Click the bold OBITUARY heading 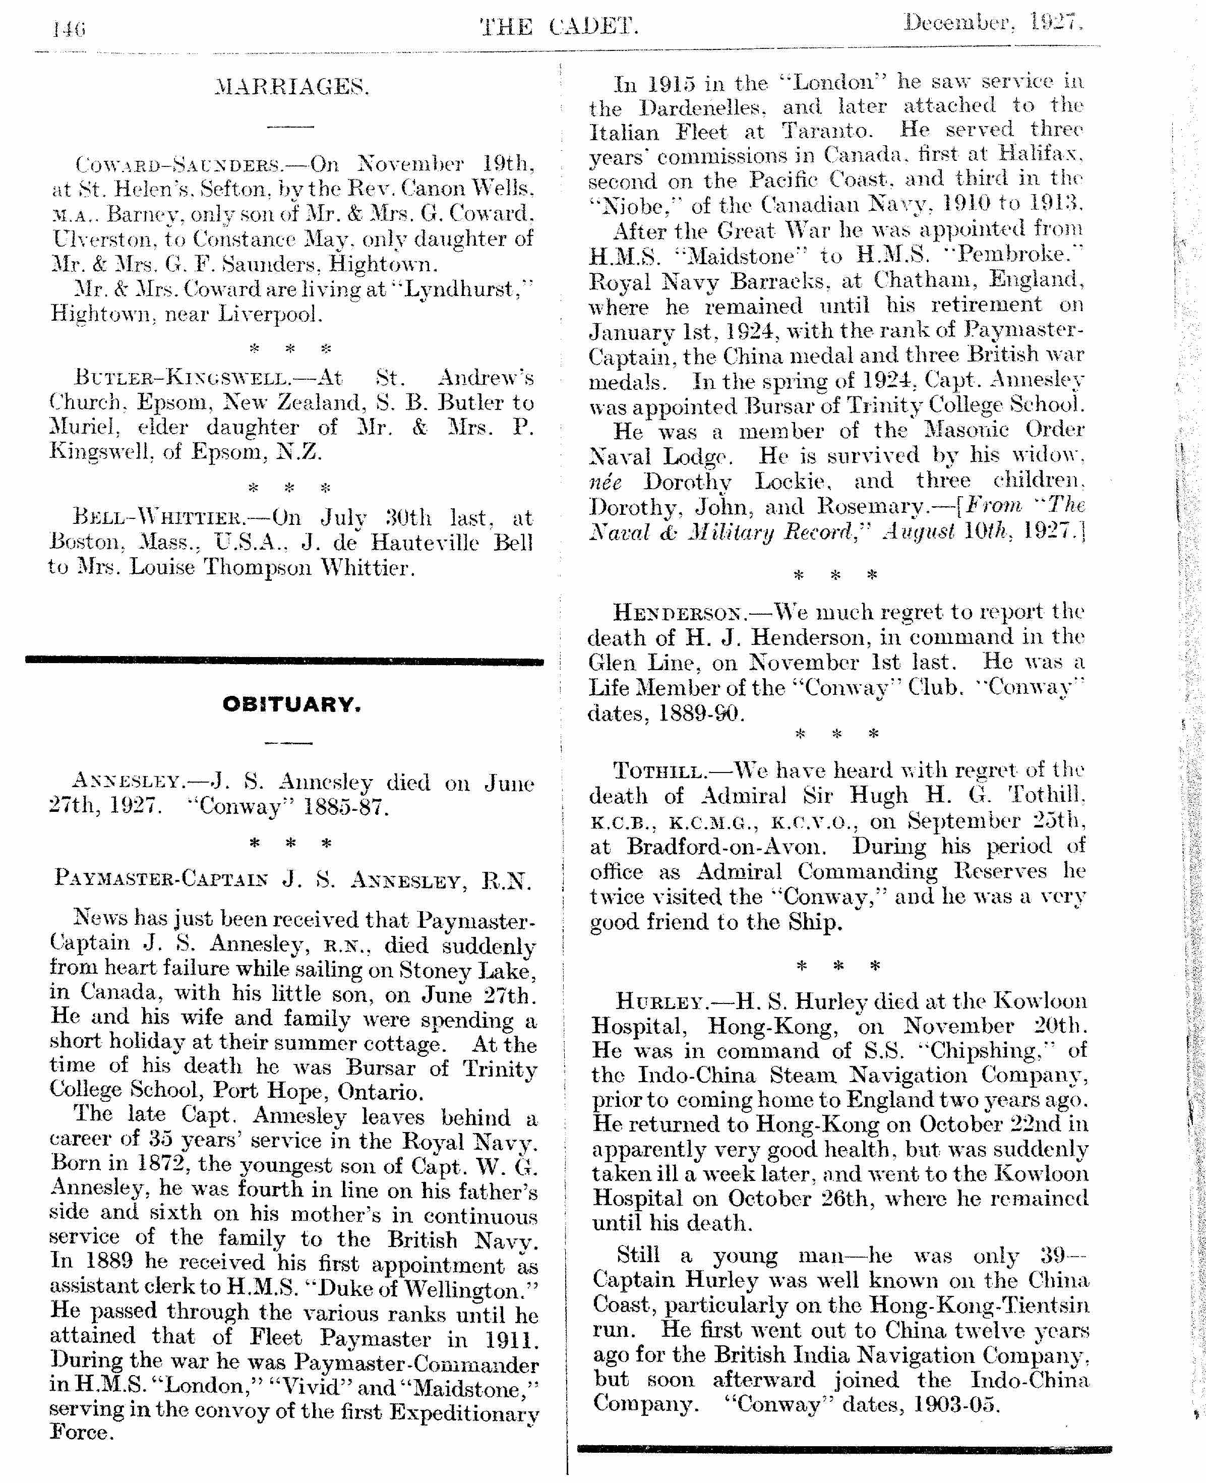[291, 704]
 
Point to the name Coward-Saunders [178, 165]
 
